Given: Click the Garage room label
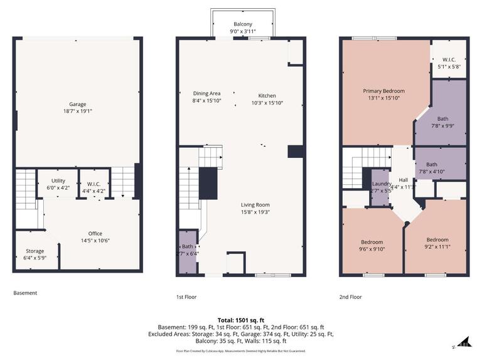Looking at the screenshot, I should point(78,104).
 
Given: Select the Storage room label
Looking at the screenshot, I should point(35,251).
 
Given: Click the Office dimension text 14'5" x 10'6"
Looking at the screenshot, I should point(95,241).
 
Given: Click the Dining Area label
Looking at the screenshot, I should point(206,93).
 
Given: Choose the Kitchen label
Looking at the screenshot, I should point(267,96).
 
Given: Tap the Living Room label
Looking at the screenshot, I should point(255,205).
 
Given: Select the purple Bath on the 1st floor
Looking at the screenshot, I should point(188,250).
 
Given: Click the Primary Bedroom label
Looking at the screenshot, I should point(383,91).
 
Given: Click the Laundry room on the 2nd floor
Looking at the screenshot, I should point(380,186).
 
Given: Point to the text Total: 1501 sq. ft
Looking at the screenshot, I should point(241,320).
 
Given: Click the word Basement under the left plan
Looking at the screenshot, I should point(25,293).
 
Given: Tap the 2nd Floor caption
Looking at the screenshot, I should point(351,296).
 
